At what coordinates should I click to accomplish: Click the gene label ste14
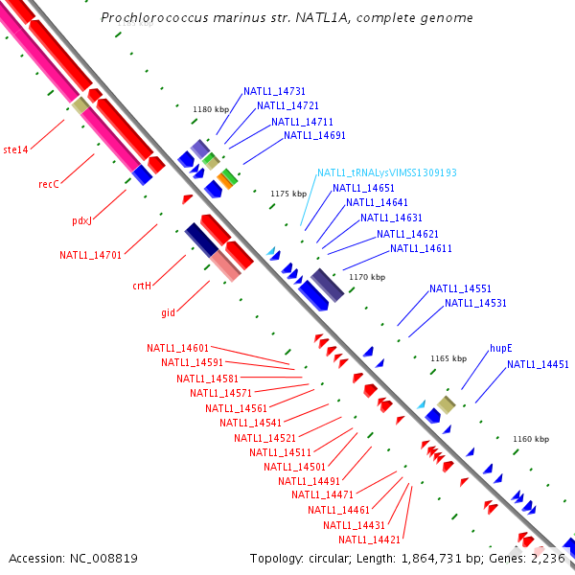click(x=15, y=149)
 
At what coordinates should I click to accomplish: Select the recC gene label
click(x=49, y=184)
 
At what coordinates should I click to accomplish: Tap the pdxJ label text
click(x=83, y=220)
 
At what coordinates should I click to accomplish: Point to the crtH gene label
click(x=142, y=285)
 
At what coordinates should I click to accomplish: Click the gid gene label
click(x=168, y=312)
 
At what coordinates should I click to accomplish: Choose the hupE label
click(x=500, y=349)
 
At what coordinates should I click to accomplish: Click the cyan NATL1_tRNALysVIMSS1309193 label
click(x=386, y=172)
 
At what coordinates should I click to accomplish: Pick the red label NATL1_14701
click(x=90, y=255)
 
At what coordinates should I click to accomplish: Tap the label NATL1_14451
click(x=538, y=364)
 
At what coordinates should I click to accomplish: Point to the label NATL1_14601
click(x=177, y=348)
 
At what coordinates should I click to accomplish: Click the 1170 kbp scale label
click(x=367, y=277)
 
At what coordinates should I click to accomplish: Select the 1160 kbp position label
click(x=530, y=439)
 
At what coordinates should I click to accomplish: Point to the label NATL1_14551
click(x=460, y=288)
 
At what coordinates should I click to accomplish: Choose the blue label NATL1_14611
click(x=421, y=249)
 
